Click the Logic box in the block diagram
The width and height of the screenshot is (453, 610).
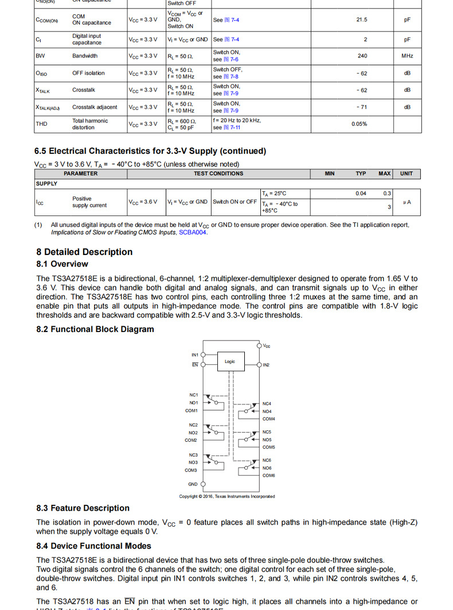pos(230,362)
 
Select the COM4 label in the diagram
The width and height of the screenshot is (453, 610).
pos(268,419)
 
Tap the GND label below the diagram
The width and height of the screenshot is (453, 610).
pos(193,484)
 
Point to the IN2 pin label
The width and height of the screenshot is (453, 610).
pos(266,365)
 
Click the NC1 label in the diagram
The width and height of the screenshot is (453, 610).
pos(193,395)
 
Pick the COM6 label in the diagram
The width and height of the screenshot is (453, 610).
pos(268,476)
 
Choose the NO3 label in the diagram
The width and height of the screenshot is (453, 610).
pos(193,462)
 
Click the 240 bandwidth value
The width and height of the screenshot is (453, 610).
pos(362,56)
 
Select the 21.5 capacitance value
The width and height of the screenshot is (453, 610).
pos(361,20)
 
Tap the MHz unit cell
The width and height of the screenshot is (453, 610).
pos(407,56)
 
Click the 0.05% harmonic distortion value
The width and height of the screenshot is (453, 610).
pos(360,124)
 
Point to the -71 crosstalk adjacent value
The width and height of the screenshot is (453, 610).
pos(361,107)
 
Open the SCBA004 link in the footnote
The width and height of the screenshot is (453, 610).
pos(193,233)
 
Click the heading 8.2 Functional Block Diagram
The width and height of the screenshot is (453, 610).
pos(95,329)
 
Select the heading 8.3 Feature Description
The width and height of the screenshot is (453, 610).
pos(83,508)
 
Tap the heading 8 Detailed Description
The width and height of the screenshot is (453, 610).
pos(84,252)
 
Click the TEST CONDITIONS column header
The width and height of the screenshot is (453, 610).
pos(218,173)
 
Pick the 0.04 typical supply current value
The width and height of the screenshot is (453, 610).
pos(361,194)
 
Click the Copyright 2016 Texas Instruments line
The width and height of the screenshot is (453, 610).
pos(226,496)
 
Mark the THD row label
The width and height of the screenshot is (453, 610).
pos(41,124)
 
